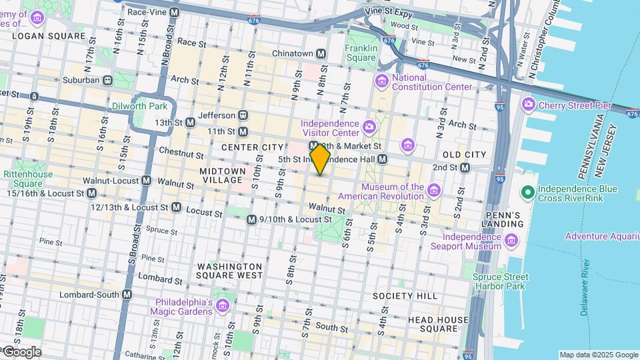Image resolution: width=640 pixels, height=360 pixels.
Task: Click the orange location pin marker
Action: click(x=320, y=160)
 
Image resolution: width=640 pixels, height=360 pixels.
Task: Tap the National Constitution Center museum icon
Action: click(x=382, y=81)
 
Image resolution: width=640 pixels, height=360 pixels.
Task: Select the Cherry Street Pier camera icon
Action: click(x=529, y=104)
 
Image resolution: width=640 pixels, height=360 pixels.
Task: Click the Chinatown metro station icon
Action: click(x=321, y=53)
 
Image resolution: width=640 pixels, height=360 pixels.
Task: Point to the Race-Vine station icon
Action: click(x=174, y=12)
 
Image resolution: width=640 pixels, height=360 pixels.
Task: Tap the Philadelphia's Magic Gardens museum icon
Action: click(x=222, y=306)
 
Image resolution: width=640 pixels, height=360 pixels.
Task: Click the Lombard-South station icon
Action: click(x=127, y=294)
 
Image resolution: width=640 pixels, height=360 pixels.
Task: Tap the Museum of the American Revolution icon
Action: click(x=435, y=191)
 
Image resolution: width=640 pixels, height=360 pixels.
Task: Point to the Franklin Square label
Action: click(x=361, y=53)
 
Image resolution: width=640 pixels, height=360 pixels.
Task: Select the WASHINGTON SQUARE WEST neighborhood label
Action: click(x=230, y=270)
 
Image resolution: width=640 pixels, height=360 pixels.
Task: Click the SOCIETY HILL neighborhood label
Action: click(x=405, y=295)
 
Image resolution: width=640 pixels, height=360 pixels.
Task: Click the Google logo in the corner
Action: click(x=21, y=351)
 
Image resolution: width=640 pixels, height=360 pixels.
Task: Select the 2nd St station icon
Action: click(x=465, y=167)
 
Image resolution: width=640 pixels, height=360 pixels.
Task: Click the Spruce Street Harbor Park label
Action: click(x=501, y=281)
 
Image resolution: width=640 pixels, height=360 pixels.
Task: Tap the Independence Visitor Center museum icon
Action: click(x=369, y=126)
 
